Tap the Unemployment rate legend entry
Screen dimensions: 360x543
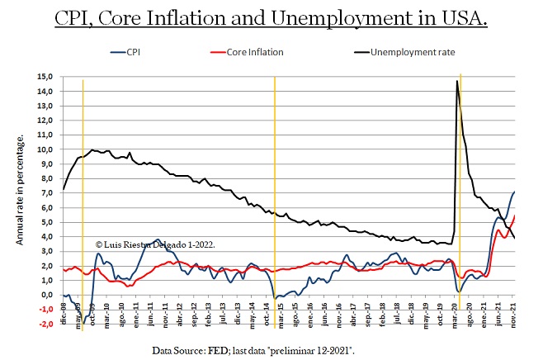(413, 52)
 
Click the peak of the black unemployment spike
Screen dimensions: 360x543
(457, 81)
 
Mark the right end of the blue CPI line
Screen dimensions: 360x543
(515, 192)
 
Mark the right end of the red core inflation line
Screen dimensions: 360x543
(514, 216)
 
